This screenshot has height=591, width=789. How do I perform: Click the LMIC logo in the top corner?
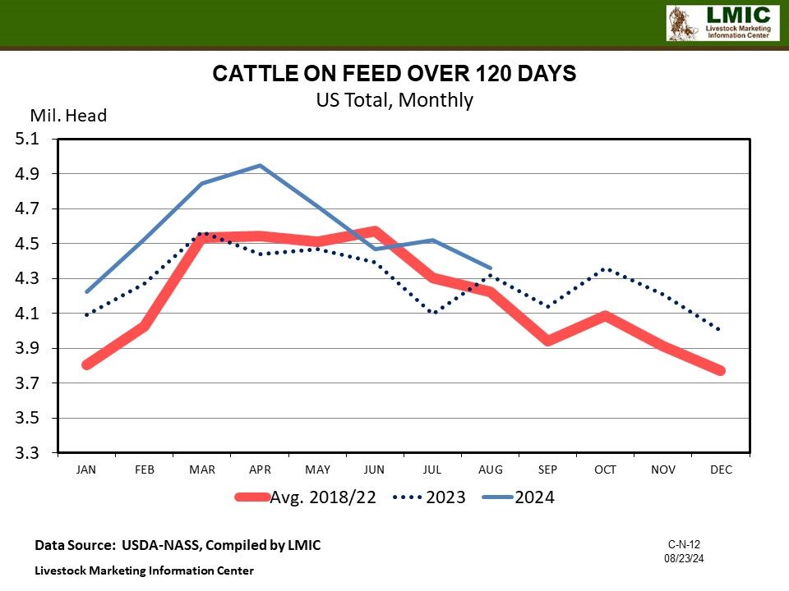[x=722, y=23]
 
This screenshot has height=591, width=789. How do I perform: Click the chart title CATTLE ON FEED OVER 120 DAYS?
[x=394, y=74]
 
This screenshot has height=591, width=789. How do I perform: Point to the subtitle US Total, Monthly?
[x=394, y=100]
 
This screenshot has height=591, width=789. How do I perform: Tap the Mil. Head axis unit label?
[x=69, y=116]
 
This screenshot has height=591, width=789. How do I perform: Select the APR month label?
[x=260, y=470]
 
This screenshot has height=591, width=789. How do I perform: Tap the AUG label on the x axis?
[x=491, y=470]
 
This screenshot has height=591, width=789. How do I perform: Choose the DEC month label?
[x=721, y=470]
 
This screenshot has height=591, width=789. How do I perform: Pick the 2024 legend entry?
[x=534, y=497]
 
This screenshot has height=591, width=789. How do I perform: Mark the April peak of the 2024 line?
[x=260, y=166]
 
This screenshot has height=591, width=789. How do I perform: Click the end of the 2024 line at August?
[x=491, y=268]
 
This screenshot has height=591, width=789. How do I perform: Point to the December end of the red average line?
[x=721, y=370]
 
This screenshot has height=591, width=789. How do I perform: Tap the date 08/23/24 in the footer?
[x=684, y=558]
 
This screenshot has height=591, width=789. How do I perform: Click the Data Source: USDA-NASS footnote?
[x=178, y=545]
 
